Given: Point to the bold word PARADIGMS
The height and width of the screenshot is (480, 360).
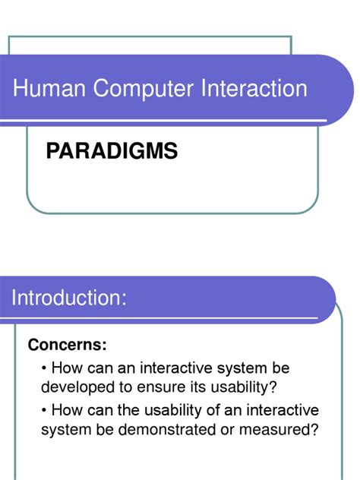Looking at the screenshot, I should click(x=112, y=151).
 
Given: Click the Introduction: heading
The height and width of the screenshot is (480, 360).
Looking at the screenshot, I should click(x=68, y=298).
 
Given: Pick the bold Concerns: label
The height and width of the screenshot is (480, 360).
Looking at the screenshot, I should click(x=67, y=346).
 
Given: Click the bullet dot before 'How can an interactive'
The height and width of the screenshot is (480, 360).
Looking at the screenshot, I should click(x=46, y=368).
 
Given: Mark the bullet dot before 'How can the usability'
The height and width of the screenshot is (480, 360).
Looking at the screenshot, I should click(x=46, y=411).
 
